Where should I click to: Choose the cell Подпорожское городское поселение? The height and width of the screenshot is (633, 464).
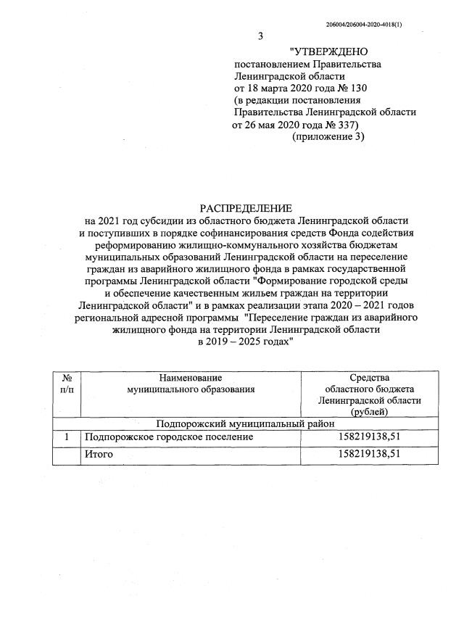click(169, 437)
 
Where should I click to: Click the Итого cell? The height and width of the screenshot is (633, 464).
click(98, 453)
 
